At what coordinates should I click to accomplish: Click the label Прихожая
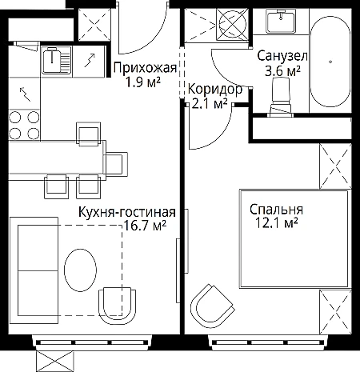click(x=145, y=68)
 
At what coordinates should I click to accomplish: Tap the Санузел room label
click(x=282, y=56)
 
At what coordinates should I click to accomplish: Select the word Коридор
click(x=215, y=90)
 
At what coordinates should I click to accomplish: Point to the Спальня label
click(x=276, y=210)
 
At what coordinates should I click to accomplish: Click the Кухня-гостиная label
click(x=127, y=213)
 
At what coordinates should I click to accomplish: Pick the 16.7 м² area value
click(x=146, y=226)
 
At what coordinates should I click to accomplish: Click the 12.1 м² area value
click(x=276, y=222)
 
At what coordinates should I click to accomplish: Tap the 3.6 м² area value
click(x=282, y=70)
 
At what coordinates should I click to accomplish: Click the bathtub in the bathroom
click(x=330, y=61)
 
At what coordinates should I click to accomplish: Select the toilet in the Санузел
click(x=281, y=98)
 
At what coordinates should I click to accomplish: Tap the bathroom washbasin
click(x=281, y=21)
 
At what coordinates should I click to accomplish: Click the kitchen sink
click(x=56, y=60)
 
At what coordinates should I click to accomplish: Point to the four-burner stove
click(x=24, y=125)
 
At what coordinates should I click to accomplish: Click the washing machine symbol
click(x=232, y=24)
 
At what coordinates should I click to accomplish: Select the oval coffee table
click(x=80, y=270)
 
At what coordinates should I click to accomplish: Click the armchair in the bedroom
click(x=212, y=303)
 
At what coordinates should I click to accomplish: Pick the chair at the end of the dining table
click(x=116, y=164)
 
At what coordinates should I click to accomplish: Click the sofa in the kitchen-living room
click(x=34, y=270)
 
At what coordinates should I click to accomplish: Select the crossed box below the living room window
click(x=54, y=362)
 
